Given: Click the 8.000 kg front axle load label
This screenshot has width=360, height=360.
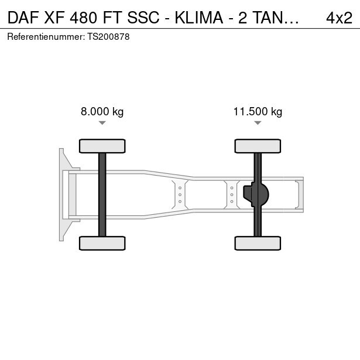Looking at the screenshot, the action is click(x=102, y=112).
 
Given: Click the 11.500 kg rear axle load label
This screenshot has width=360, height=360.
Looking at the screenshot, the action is click(x=258, y=112).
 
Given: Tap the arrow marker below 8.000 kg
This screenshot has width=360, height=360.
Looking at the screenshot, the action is click(x=102, y=123).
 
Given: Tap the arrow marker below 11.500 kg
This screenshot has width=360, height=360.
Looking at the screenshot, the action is click(x=258, y=123).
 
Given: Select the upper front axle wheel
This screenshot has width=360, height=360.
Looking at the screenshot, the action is click(x=102, y=146).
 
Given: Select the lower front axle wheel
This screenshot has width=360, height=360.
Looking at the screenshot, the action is click(x=102, y=243).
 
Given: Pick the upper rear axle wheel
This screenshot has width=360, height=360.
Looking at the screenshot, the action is click(x=258, y=146).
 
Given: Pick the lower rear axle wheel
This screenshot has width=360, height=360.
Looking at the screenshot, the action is click(x=258, y=243).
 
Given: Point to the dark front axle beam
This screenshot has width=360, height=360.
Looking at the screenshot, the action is click(x=102, y=195).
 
